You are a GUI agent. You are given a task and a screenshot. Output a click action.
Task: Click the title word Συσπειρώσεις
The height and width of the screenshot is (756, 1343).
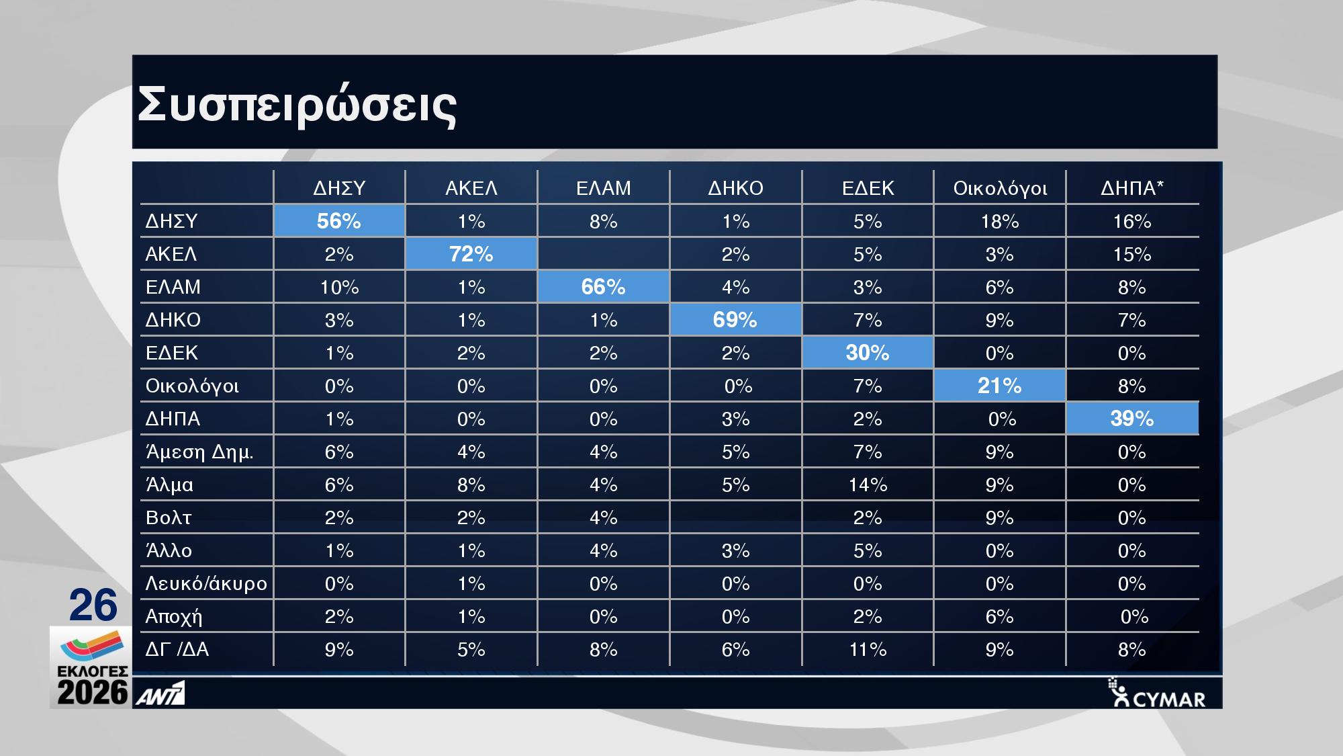tap(297, 106)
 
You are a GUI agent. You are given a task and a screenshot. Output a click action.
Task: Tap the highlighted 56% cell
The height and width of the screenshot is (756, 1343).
tap(339, 221)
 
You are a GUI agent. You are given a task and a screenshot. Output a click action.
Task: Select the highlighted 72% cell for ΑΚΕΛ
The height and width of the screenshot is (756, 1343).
tap(471, 254)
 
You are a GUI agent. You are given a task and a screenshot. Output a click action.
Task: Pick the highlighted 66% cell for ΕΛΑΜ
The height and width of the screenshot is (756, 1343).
tap(603, 287)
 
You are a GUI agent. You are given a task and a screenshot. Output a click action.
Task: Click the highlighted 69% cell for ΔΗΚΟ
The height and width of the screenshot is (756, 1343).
tap(735, 320)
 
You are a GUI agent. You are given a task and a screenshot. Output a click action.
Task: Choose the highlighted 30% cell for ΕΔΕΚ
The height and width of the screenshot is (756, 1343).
tap(868, 353)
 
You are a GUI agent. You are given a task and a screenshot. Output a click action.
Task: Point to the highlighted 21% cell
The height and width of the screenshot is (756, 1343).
tap(1000, 386)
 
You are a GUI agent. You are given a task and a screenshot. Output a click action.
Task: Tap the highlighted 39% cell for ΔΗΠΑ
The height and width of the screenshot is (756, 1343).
tap(1132, 419)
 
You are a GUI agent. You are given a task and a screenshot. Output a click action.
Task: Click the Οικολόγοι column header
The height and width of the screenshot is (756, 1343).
tap(1000, 189)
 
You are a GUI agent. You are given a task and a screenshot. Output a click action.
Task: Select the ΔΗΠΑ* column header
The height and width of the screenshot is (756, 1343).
tap(1132, 188)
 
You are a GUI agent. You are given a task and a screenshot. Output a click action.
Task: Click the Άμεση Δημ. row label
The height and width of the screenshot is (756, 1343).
tap(199, 452)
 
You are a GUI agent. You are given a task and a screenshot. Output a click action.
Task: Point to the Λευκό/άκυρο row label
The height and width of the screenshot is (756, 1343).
tap(206, 583)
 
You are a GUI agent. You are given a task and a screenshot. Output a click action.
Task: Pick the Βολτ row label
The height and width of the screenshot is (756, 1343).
tap(169, 517)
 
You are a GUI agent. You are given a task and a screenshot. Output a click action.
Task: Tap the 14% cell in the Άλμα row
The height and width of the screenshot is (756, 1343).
tap(868, 485)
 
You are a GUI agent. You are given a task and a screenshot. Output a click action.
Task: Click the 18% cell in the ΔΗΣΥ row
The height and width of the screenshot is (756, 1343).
tap(1000, 221)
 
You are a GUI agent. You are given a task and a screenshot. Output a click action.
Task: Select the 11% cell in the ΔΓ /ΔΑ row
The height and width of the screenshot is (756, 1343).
tap(868, 649)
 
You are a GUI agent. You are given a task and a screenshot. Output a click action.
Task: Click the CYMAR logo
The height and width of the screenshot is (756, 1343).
tap(1156, 693)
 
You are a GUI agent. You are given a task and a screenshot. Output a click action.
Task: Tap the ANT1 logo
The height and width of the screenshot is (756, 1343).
tap(160, 694)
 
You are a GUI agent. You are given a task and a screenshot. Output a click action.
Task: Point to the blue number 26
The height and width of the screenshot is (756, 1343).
tap(93, 605)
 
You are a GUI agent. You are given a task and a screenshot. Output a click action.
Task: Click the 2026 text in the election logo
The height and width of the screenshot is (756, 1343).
tap(93, 692)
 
